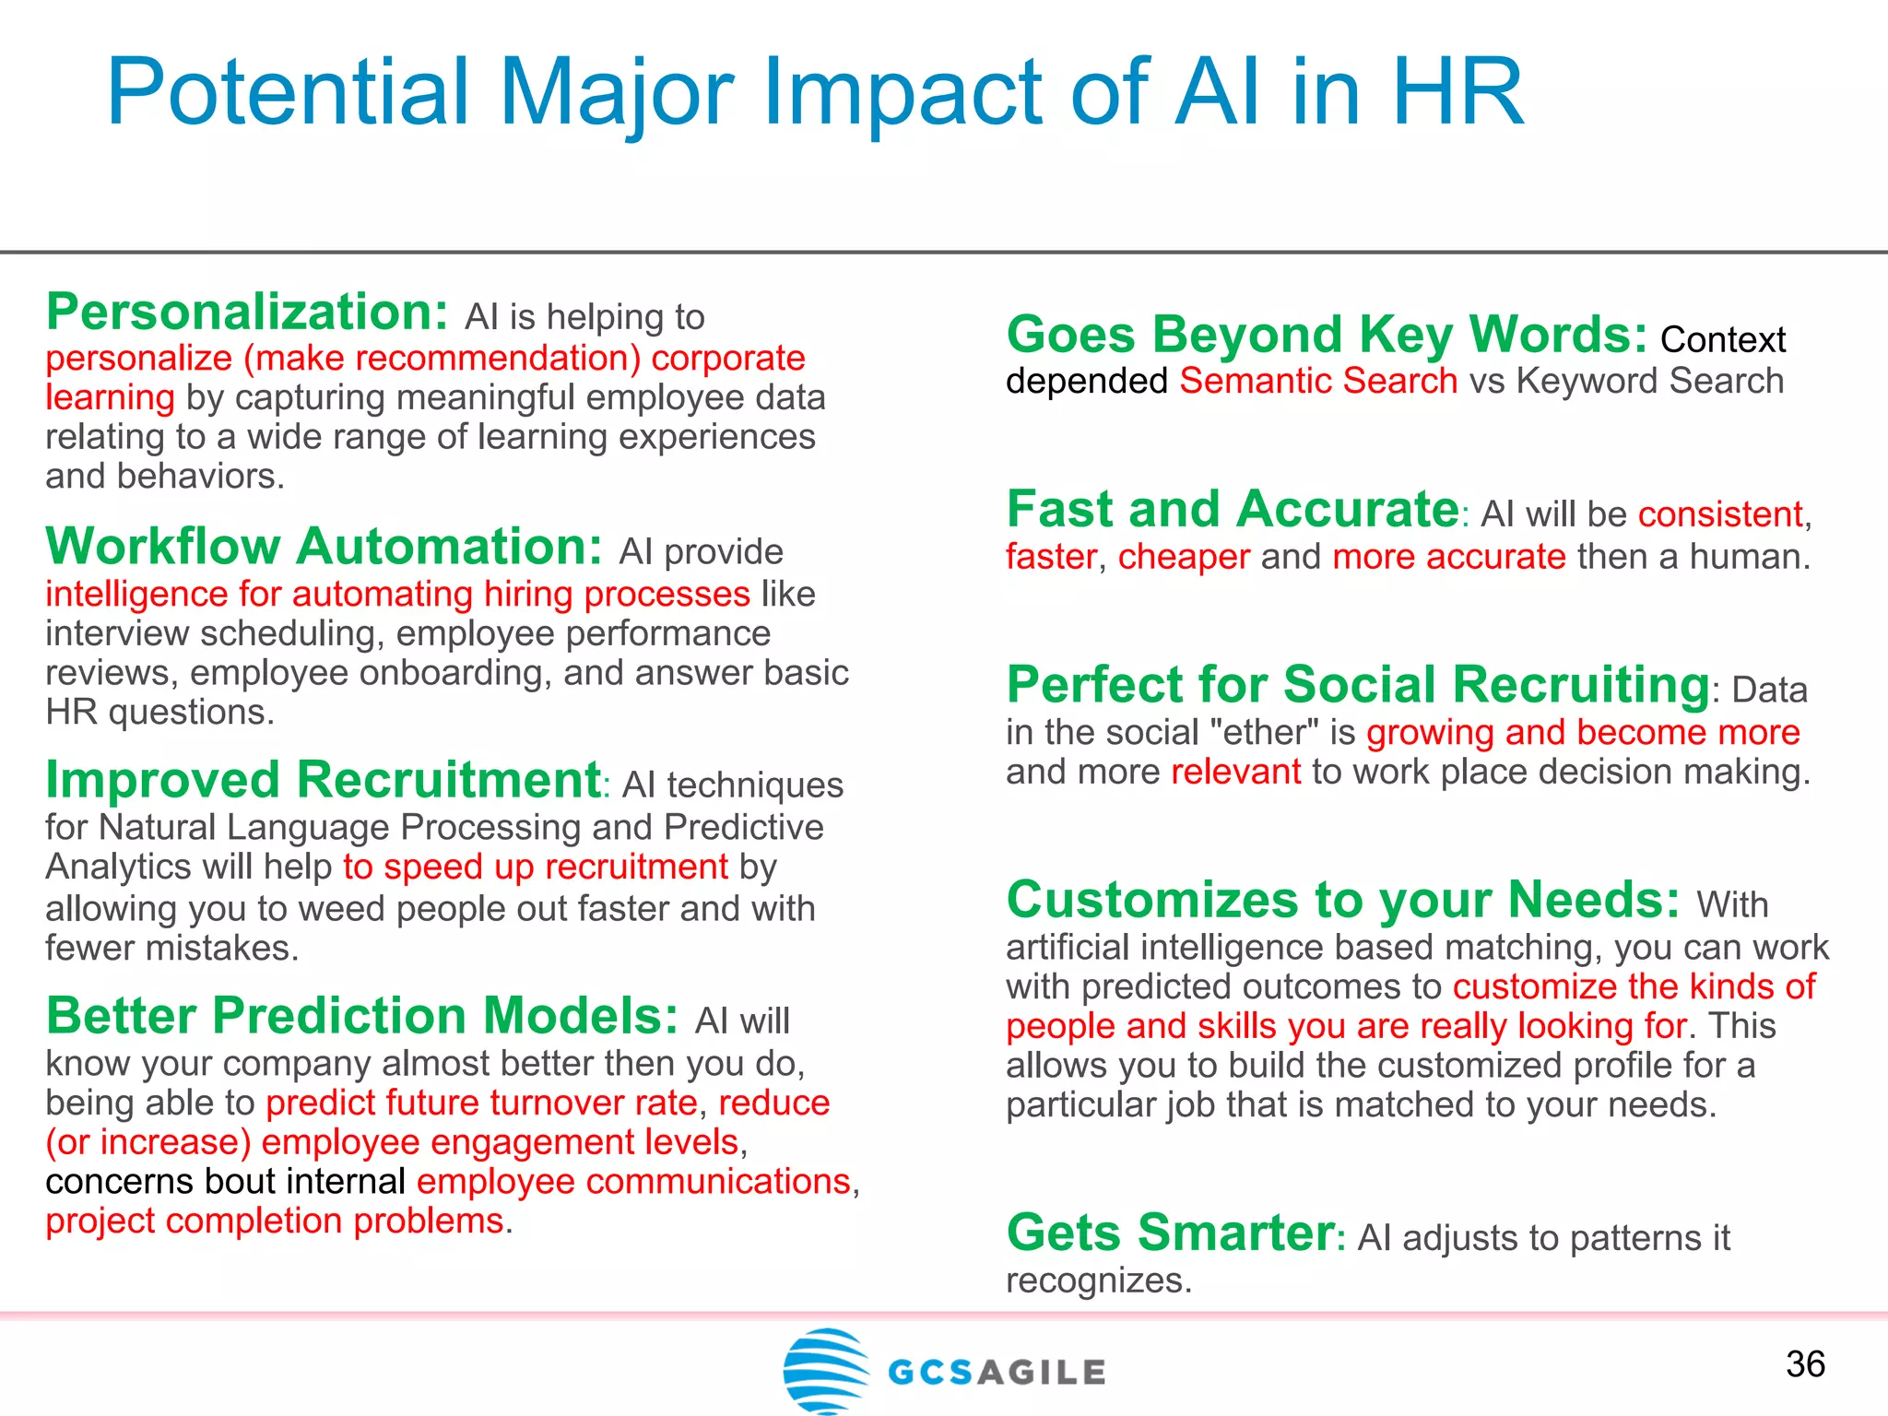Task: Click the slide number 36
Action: (x=1805, y=1364)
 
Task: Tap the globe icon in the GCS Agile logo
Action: (x=826, y=1370)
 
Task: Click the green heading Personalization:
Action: (x=247, y=312)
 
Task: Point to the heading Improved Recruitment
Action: (x=324, y=780)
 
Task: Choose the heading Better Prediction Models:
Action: (x=362, y=1016)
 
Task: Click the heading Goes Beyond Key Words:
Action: (x=1327, y=334)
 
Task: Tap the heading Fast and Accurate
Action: (x=1233, y=509)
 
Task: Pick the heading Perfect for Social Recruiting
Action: (x=1358, y=684)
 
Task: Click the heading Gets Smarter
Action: (x=1170, y=1233)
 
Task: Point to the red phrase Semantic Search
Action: (x=1318, y=381)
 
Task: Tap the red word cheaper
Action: (x=1184, y=557)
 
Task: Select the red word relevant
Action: (x=1235, y=772)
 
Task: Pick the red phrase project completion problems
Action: (x=276, y=1221)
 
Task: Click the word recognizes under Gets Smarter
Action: (x=1098, y=1280)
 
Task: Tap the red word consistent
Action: (x=1720, y=514)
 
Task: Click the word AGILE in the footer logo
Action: (x=1041, y=1373)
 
